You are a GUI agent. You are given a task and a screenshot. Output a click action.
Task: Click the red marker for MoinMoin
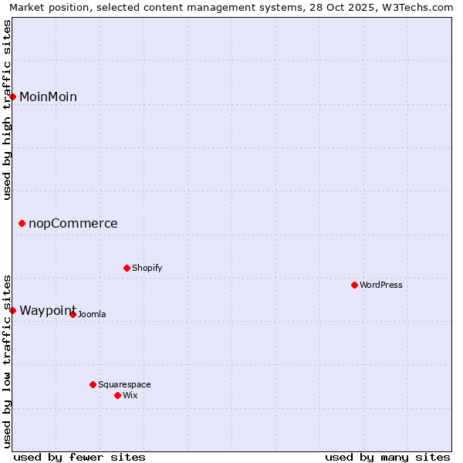[12, 96]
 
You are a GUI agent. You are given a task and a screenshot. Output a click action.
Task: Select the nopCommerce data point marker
[22, 224]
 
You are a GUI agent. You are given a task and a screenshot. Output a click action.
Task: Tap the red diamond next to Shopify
[127, 268]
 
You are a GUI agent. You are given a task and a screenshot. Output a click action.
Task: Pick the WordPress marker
[354, 285]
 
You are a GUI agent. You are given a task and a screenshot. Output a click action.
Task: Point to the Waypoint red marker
[12, 310]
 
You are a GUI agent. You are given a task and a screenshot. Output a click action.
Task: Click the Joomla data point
[73, 314]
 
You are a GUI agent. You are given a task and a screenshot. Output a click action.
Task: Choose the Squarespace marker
[93, 384]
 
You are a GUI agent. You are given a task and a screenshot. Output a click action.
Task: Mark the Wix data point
[117, 395]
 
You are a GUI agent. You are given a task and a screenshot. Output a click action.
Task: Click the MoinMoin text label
[48, 96]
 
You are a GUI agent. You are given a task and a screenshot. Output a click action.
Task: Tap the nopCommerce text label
[73, 224]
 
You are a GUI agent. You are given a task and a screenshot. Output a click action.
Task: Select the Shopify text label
[147, 268]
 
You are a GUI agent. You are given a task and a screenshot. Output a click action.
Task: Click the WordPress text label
[380, 285]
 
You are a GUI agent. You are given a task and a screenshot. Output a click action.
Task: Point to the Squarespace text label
[124, 384]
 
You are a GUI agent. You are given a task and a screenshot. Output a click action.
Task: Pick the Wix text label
[130, 395]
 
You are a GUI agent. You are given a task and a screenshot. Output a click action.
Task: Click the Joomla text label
[92, 314]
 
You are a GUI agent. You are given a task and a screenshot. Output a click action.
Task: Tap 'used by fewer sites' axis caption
[79, 457]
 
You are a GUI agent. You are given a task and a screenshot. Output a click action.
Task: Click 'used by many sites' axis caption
[387, 457]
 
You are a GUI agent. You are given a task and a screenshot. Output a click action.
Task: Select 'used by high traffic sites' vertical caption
[7, 110]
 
